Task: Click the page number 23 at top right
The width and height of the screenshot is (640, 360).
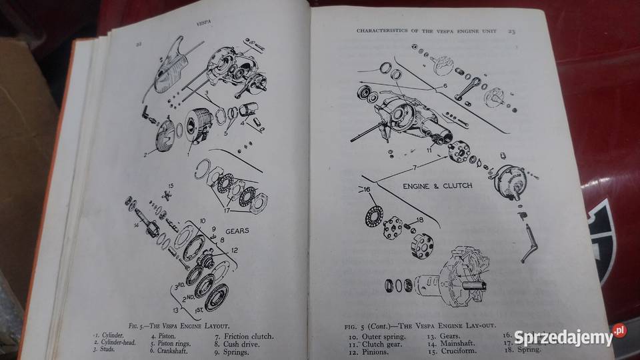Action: click(x=511, y=30)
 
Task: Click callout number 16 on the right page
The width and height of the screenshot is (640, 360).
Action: click(x=366, y=189)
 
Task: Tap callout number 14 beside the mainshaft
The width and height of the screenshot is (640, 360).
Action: click(x=136, y=226)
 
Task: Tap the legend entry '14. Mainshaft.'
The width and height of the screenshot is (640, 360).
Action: click(x=453, y=344)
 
